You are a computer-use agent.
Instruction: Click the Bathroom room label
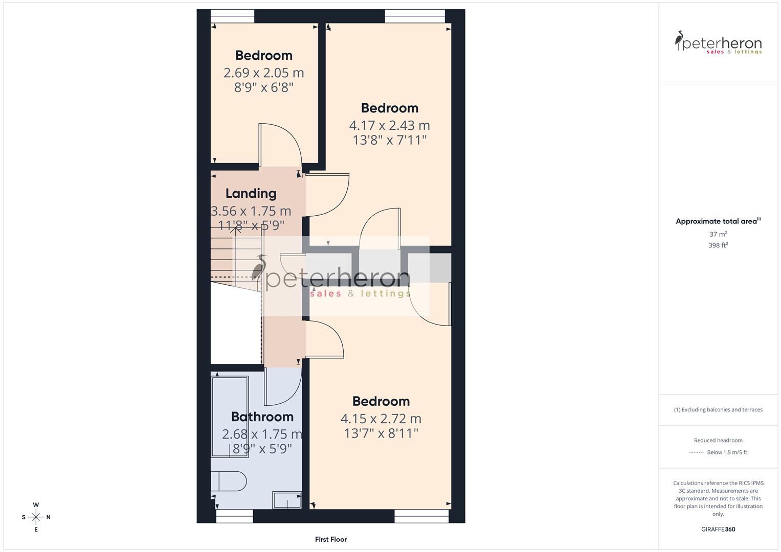[x=262, y=417]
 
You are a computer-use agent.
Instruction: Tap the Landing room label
[x=251, y=193]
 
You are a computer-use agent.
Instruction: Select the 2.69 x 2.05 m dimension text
[x=263, y=73]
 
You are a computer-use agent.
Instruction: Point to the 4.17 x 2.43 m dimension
[x=389, y=125]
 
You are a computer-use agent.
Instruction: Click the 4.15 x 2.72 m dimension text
[x=381, y=419]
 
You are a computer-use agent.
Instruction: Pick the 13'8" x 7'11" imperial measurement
[x=389, y=140]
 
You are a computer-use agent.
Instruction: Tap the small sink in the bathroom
[x=287, y=500]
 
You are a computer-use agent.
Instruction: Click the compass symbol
[x=36, y=517]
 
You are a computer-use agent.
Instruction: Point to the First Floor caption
[x=331, y=539]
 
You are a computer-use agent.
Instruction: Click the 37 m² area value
[x=718, y=234]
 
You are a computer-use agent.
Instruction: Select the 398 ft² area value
[x=718, y=245]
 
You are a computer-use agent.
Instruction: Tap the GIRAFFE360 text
[x=718, y=529]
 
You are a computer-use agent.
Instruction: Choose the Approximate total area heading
[x=718, y=221]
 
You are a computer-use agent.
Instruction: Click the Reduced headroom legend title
[x=718, y=440]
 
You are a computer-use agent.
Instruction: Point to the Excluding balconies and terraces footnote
[x=718, y=409]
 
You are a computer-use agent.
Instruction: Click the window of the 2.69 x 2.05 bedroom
[x=233, y=16]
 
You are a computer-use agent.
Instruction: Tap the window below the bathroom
[x=235, y=517]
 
